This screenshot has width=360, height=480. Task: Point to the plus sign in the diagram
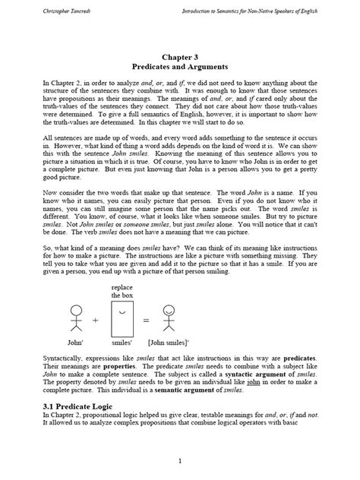(x=95, y=321)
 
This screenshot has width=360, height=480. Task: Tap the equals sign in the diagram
(x=146, y=321)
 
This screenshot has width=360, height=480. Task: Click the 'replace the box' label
(x=122, y=292)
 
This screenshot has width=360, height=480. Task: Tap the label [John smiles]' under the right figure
(x=172, y=344)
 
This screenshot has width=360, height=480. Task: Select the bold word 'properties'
(x=107, y=366)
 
